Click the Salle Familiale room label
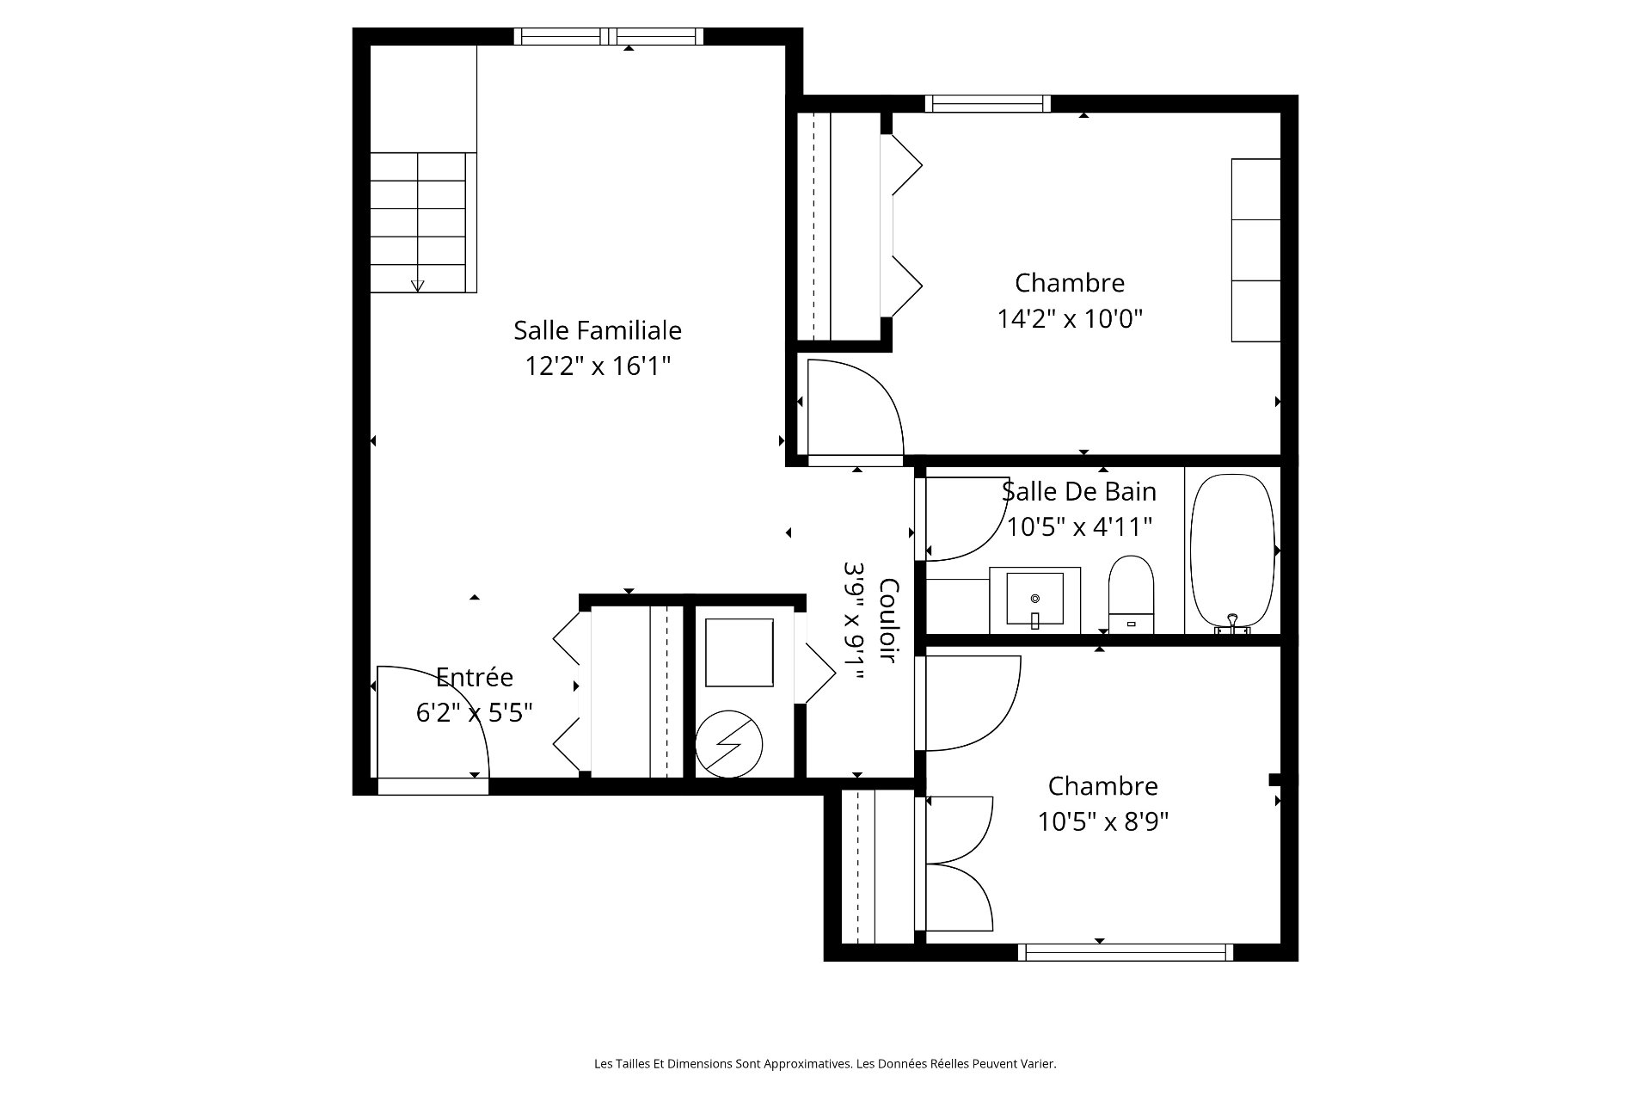(x=598, y=330)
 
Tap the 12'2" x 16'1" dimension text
(x=598, y=366)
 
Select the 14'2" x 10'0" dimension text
(x=1070, y=319)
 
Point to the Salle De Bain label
(x=1079, y=491)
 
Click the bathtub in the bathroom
(x=1232, y=551)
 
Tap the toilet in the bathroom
(x=1131, y=594)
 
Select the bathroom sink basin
(x=1035, y=600)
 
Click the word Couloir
(x=889, y=620)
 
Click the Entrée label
(x=475, y=677)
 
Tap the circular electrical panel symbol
(x=728, y=743)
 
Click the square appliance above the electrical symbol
(x=739, y=652)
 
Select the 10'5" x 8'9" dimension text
(x=1103, y=822)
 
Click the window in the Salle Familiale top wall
(x=609, y=36)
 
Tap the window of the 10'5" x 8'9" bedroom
(x=1126, y=952)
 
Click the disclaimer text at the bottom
(x=825, y=1064)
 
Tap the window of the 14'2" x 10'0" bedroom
(x=988, y=103)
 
